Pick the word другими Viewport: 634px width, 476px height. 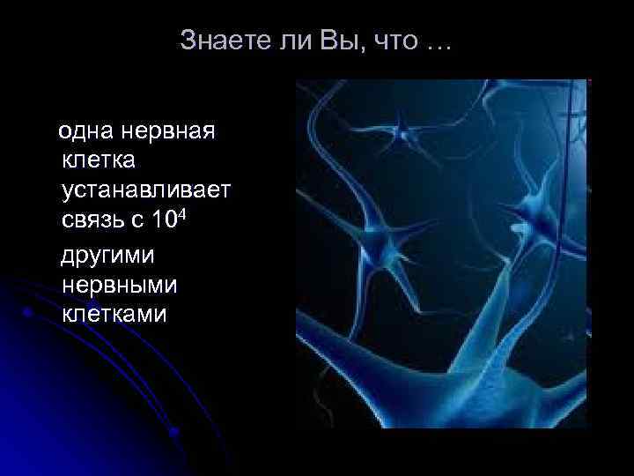(107, 256)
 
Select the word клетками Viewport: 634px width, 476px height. (114, 314)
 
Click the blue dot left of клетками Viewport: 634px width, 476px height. (29, 311)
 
